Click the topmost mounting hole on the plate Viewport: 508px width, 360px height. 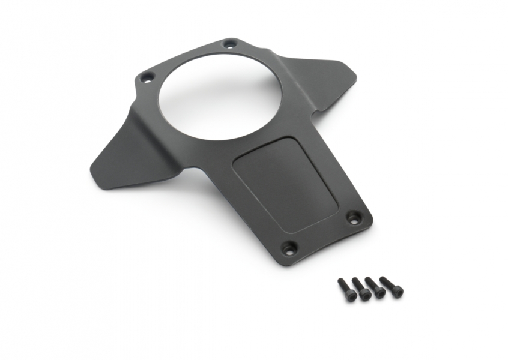229,44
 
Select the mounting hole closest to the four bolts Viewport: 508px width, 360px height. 289,246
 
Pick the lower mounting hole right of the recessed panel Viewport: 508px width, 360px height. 354,217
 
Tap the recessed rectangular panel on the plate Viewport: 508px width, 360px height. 283,184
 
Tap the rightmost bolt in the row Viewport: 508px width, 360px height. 392,286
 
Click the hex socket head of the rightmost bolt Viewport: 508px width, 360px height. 397,291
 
